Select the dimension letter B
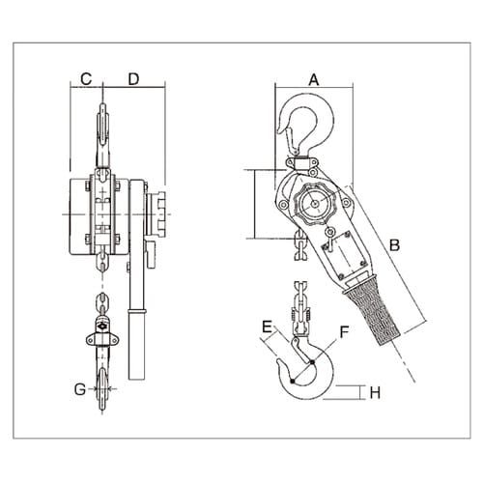click(x=393, y=245)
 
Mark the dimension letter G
click(x=78, y=390)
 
